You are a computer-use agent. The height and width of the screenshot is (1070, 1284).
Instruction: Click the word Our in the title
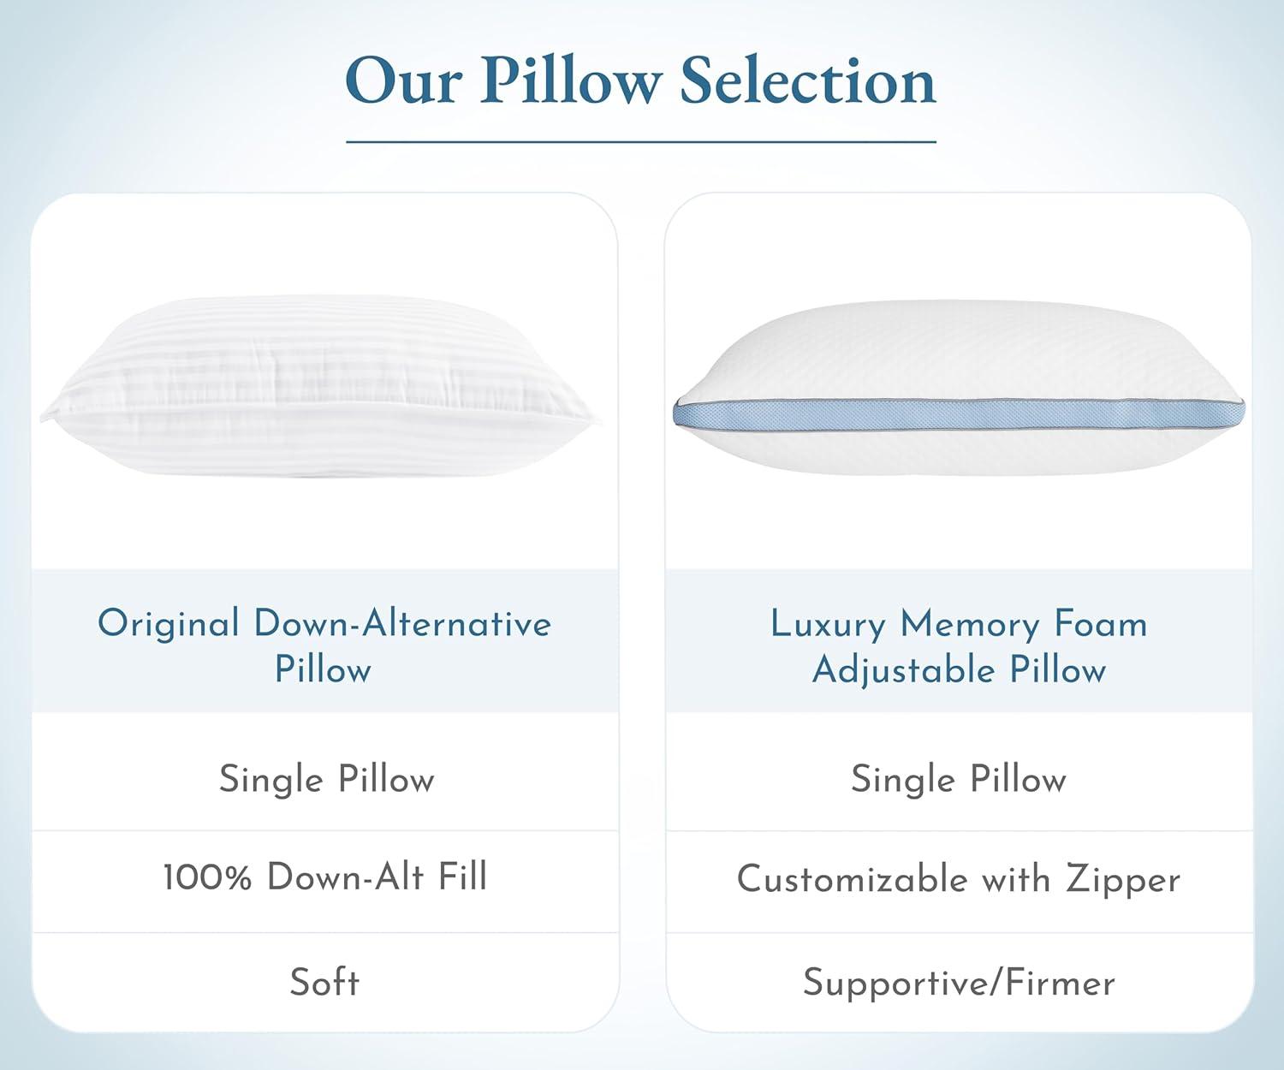403,81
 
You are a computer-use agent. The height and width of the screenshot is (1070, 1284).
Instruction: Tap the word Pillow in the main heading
570,81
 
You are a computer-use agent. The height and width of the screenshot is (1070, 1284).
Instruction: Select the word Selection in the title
808,81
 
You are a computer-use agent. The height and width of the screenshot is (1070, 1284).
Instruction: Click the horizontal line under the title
641,142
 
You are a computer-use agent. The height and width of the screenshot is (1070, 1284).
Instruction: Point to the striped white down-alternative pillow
321,386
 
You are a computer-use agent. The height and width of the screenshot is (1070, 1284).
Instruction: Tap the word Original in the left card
169,623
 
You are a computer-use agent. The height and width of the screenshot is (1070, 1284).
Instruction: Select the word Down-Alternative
403,622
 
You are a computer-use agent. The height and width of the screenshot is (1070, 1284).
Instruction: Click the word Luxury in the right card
828,626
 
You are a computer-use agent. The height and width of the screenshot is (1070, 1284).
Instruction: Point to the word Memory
970,626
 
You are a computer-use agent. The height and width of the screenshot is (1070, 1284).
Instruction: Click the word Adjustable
903,670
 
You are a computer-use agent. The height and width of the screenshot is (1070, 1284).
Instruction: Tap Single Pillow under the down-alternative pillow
326,780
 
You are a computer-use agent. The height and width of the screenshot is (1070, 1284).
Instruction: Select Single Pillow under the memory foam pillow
958,780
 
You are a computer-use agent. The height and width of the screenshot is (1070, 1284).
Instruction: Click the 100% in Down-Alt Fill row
208,877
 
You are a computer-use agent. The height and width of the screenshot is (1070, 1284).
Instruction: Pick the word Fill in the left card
462,876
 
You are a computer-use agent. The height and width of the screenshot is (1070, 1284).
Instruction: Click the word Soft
324,982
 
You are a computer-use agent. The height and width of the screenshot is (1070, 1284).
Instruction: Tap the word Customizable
853,878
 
